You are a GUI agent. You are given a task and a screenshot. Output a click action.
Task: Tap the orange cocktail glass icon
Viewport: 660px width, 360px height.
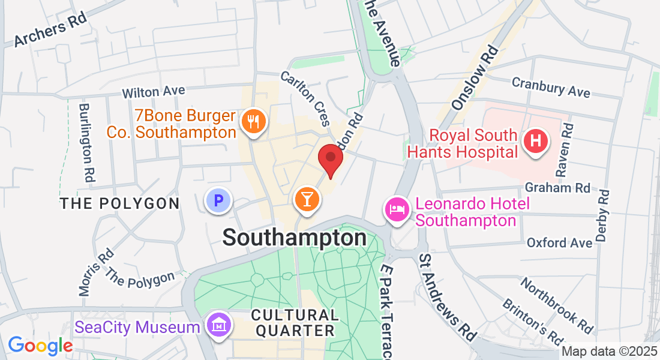[x=307, y=199]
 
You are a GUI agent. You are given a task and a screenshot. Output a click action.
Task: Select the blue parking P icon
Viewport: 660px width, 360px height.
[x=218, y=200]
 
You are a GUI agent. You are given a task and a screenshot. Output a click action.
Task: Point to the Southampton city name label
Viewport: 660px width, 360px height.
[x=295, y=238]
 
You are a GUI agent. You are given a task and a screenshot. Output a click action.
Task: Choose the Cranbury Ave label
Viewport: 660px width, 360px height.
[x=551, y=88]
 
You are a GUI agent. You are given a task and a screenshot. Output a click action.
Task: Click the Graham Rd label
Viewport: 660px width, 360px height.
[x=557, y=188]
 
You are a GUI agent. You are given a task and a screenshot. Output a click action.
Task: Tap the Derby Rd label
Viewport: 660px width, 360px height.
[x=603, y=215]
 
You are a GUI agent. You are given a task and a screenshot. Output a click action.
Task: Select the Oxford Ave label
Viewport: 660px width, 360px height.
[x=555, y=242]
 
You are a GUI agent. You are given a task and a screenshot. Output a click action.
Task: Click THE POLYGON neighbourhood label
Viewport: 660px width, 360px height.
[x=120, y=203]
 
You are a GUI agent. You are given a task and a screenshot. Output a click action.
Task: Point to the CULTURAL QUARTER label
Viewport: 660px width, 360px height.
[x=294, y=322]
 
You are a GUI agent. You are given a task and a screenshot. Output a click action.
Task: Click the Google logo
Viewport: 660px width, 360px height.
[x=40, y=345]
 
